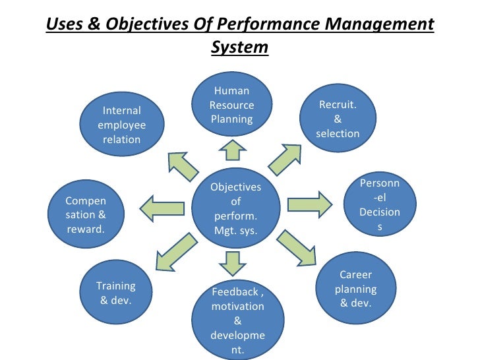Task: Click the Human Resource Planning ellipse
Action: coord(231,105)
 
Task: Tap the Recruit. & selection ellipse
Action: coord(338,119)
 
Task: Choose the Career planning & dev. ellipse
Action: coord(355,289)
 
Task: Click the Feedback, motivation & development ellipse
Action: coord(237,320)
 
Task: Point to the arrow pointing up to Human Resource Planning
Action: coord(232,150)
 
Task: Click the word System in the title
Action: coord(239,47)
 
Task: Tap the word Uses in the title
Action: coord(64,25)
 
